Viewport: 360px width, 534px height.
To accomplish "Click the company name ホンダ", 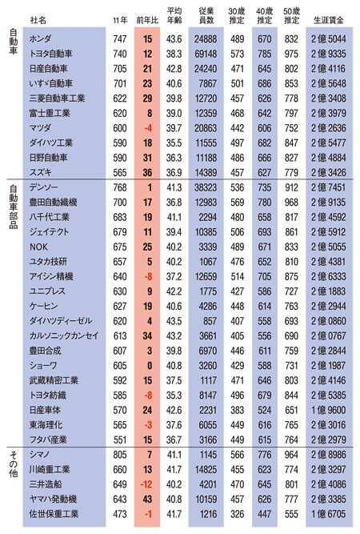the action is coord(40,38).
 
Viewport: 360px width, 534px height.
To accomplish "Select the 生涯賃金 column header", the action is coord(328,21).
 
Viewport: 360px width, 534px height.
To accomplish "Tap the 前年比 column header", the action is coord(147,21).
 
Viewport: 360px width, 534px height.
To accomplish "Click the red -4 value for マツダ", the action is coord(148,128).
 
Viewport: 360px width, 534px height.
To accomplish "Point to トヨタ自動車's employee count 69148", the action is coord(206,54).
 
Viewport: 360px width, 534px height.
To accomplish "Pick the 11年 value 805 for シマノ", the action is coord(120,455).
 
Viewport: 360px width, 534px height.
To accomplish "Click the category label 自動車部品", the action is coord(14,207).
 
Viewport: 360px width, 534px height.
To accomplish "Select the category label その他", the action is coord(14,464).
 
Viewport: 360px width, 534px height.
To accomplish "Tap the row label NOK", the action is coord(38,247).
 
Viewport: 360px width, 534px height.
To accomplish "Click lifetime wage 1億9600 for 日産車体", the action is coord(328,410).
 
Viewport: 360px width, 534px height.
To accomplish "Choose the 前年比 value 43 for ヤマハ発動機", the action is coord(147,500).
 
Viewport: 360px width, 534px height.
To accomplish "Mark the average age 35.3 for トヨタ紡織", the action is coord(174,395).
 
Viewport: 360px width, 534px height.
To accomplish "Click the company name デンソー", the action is coord(43,187).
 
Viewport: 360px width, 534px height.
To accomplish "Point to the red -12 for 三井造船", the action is coord(146,484).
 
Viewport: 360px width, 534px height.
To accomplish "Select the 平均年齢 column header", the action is coord(174,16).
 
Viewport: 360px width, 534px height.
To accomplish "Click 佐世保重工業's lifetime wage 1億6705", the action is coord(328,514).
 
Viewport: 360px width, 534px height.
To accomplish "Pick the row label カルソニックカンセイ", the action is coord(64,335).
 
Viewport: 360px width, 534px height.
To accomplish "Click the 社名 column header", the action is coord(38,21).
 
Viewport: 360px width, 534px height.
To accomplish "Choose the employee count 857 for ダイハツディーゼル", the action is coord(210,321).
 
